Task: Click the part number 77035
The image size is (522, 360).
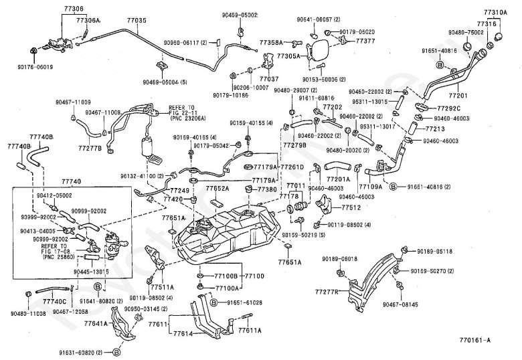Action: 136,21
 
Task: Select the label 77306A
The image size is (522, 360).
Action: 88,21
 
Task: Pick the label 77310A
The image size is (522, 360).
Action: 497,12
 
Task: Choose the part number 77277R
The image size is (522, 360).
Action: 326,292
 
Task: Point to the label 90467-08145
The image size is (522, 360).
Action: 400,304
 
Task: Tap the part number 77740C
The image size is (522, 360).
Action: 54,302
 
